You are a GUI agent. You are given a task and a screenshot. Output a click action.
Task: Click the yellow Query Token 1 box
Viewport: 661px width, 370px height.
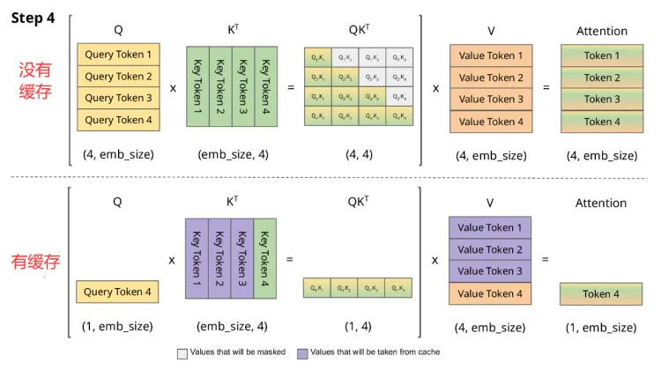[x=118, y=55]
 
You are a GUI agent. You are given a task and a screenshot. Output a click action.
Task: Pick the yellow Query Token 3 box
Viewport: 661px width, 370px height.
[x=118, y=99]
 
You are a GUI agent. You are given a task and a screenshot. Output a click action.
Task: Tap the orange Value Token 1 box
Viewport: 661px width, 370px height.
[x=490, y=55]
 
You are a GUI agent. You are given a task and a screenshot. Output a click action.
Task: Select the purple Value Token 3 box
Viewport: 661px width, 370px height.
[x=490, y=271]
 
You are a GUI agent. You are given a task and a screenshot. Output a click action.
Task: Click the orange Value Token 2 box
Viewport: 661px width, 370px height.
[x=490, y=78]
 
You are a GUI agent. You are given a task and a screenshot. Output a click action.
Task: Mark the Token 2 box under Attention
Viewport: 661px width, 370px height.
[x=601, y=78]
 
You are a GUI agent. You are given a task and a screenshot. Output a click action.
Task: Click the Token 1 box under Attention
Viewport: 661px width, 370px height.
[x=601, y=55]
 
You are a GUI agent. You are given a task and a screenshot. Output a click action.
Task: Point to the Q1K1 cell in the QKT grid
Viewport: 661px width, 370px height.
[x=316, y=57]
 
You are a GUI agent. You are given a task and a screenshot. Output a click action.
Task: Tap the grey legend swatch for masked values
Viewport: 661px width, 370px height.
[x=182, y=351]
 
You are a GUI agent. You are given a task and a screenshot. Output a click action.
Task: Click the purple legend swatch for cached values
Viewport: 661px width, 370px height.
[x=302, y=351]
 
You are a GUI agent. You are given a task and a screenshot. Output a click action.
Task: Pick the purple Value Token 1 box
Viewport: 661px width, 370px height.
[x=490, y=228]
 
